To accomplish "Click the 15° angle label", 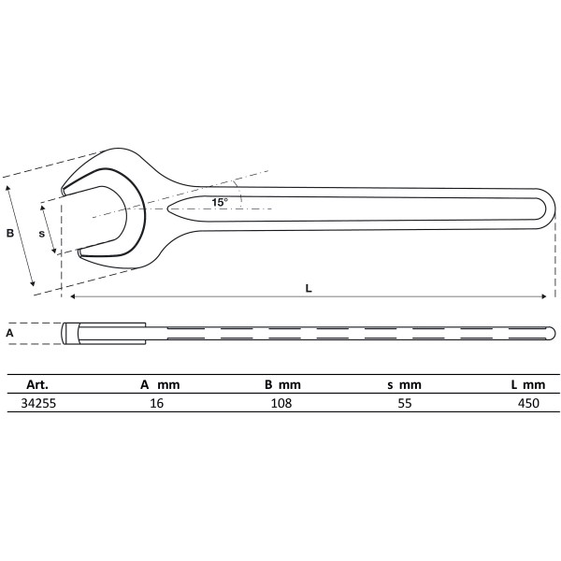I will [x=219, y=202].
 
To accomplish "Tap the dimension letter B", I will [x=10, y=234].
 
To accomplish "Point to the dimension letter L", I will [x=309, y=288].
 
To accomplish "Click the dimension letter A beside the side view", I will [x=9, y=332].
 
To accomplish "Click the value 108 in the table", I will [x=280, y=403].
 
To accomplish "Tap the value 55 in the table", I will [x=404, y=403].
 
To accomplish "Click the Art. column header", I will [x=36, y=384].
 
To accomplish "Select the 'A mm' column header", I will [x=159, y=384].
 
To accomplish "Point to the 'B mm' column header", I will [x=281, y=384].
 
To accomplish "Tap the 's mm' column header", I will [x=404, y=384].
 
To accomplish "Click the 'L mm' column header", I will [x=527, y=384].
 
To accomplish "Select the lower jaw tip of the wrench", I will [x=81, y=251].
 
